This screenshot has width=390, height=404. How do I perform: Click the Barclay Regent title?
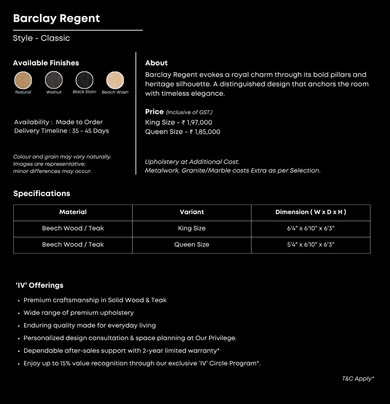(56, 19)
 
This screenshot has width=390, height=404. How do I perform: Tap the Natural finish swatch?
(23, 80)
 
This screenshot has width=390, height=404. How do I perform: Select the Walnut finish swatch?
(54, 80)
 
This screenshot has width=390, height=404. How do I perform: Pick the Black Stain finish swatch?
(84, 80)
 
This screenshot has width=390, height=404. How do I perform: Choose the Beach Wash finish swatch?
(115, 80)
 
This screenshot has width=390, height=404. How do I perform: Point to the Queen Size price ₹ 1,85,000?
(205, 132)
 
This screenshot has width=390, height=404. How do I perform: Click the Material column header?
(73, 212)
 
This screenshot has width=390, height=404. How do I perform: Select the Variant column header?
(192, 212)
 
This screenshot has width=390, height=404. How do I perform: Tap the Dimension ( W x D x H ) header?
(311, 212)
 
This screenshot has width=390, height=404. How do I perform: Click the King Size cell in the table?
(192, 229)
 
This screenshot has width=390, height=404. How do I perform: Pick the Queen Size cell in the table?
(192, 245)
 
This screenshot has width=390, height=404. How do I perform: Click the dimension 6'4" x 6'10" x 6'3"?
(311, 229)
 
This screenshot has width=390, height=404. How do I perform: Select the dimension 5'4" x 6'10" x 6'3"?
(311, 245)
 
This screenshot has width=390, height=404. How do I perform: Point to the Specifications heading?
(42, 194)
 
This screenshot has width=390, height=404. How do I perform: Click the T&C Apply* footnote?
(358, 379)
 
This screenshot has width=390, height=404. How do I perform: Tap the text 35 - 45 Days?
(90, 131)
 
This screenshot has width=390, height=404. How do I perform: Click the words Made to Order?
(79, 122)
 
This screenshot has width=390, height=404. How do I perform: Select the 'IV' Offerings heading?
(40, 285)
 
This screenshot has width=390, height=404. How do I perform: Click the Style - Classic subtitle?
(42, 38)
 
